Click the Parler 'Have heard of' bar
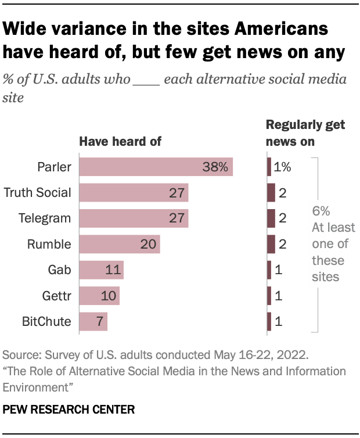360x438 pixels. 156,167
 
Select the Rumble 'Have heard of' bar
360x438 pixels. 119,245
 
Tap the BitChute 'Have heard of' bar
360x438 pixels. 93,322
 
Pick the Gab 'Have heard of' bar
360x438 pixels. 101,270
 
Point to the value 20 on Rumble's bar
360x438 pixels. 148,245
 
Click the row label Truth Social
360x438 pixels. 37,193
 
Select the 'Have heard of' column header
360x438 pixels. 120,141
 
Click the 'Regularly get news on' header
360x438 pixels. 305,133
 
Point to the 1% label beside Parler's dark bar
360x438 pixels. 282,167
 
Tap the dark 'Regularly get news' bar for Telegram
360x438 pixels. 271,218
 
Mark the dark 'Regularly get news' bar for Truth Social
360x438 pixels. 271,193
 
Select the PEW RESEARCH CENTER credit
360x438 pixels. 69,410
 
